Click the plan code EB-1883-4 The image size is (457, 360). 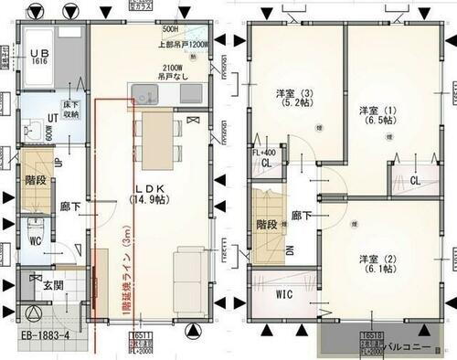click(52, 346)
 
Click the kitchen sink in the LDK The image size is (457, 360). click(145, 92)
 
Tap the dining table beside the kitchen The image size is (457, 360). click(158, 136)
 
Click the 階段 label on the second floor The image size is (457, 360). click(264, 223)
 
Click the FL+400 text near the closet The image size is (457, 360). click(264, 152)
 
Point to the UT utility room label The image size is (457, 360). click(53, 119)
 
